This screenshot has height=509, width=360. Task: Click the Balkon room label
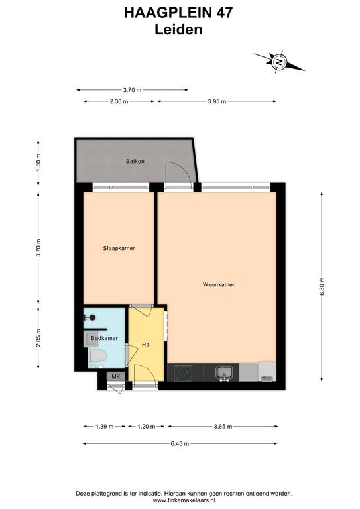pyautogui.click(x=135, y=161)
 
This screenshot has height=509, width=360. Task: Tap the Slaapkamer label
pyautogui.click(x=119, y=248)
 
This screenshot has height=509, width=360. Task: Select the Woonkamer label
pyautogui.click(x=219, y=284)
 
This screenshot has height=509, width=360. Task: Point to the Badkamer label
pyautogui.click(x=104, y=338)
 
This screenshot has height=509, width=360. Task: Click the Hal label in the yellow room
pyautogui.click(x=147, y=344)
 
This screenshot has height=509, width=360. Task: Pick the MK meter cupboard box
pyautogui.click(x=116, y=376)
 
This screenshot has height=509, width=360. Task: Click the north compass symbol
pyautogui.click(x=279, y=61)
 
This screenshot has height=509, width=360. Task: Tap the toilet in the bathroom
pyautogui.click(x=97, y=355)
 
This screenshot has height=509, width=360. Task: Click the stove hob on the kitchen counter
pyautogui.click(x=184, y=372)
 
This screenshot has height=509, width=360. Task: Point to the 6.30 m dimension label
pyautogui.click(x=322, y=286)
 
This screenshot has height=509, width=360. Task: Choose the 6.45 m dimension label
pyautogui.click(x=180, y=443)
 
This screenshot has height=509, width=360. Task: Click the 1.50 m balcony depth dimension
pyautogui.click(x=38, y=162)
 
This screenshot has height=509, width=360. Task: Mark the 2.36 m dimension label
pyautogui.click(x=119, y=101)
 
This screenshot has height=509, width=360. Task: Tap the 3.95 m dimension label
pyautogui.click(x=217, y=101)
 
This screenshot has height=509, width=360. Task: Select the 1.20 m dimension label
pyautogui.click(x=146, y=427)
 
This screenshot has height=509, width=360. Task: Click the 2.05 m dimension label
pyautogui.click(x=38, y=338)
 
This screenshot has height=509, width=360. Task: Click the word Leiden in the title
pyautogui.click(x=178, y=30)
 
